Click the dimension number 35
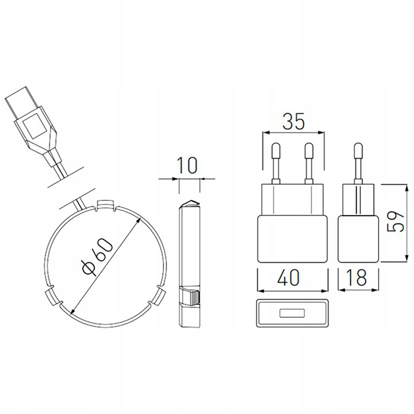(293, 122)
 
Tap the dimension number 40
(288, 277)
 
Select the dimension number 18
(358, 277)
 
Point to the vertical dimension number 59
(395, 221)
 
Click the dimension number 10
(187, 166)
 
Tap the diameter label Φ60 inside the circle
(97, 257)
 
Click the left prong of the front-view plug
(276, 163)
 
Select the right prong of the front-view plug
(308, 163)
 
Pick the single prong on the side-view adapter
(358, 163)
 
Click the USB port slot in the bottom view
(292, 313)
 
